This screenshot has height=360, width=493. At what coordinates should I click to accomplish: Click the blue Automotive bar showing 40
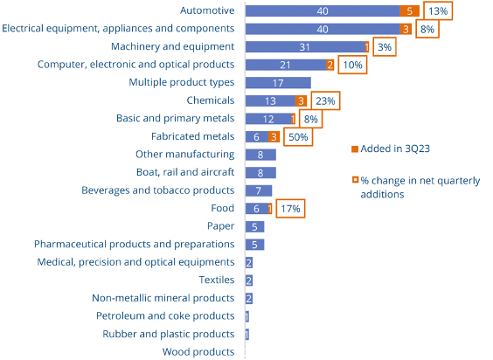[x=321, y=10]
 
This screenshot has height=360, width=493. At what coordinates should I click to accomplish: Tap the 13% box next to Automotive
[x=438, y=10]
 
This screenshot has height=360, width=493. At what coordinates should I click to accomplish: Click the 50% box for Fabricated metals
[x=297, y=136]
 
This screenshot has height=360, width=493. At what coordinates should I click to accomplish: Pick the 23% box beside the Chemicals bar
[x=323, y=100]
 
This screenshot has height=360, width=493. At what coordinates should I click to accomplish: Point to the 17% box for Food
[x=290, y=209]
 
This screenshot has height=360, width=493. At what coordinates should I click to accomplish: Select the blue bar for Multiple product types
[x=266, y=83]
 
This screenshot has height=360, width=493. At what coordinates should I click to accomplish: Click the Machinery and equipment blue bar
[x=304, y=46]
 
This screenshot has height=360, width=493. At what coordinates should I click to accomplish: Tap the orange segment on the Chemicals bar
[x=302, y=100]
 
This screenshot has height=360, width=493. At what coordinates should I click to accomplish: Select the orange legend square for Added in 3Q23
[x=354, y=148]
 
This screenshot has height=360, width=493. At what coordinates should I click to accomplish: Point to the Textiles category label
[x=216, y=280]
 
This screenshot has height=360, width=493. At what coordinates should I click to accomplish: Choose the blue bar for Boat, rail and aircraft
[x=260, y=173]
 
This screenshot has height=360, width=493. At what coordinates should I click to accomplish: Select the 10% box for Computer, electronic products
[x=353, y=65]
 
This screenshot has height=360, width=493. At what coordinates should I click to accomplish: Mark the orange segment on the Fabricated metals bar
[x=274, y=136]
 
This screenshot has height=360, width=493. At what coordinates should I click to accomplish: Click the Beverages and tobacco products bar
[x=259, y=190]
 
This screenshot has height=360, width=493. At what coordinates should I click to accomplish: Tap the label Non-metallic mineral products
[x=163, y=298]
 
